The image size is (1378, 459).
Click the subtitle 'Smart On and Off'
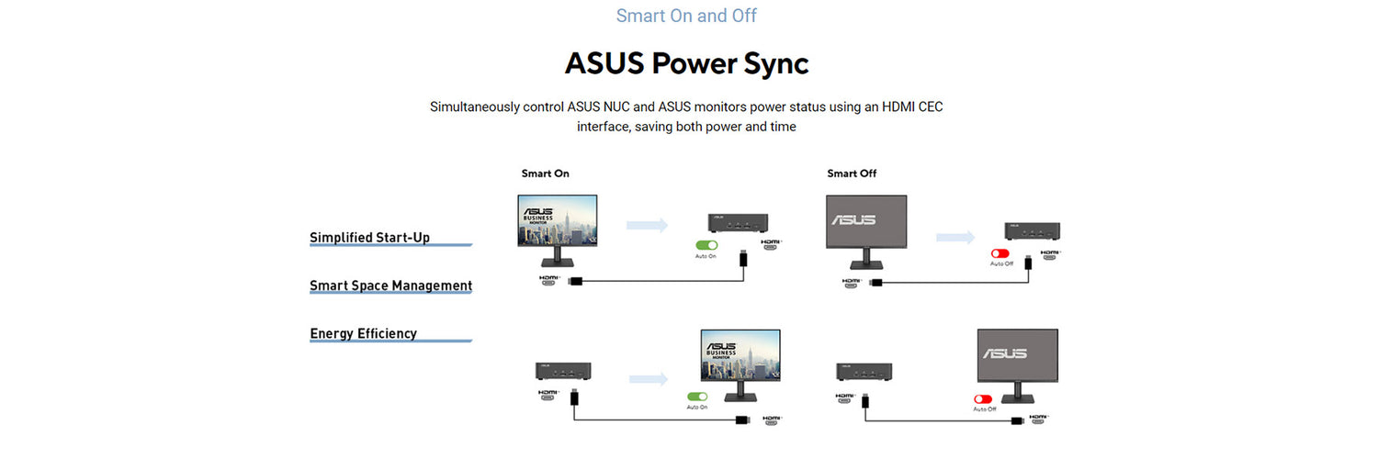(686, 16)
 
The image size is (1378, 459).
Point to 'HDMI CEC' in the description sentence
(912, 106)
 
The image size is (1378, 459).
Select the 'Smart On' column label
(545, 174)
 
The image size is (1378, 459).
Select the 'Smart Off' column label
(852, 174)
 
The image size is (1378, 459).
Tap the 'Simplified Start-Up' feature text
(369, 238)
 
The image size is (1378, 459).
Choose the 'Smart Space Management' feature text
(390, 285)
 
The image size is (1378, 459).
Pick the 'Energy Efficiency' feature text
(363, 333)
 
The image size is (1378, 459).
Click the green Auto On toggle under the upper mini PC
(706, 245)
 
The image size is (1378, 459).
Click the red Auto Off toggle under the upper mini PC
(1000, 253)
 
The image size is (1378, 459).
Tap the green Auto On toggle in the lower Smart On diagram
(697, 397)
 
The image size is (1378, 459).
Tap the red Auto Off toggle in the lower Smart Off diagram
(984, 399)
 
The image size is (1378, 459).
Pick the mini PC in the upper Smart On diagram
(738, 223)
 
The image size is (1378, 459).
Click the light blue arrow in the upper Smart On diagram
(647, 225)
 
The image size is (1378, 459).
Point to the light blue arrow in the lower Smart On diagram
(649, 378)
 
